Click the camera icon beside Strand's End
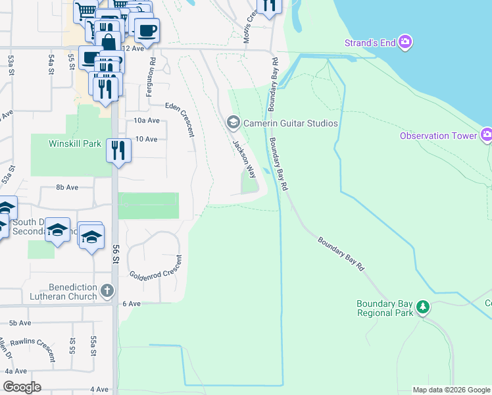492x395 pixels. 405,43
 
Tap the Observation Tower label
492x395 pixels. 437,136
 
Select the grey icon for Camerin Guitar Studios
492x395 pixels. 232,122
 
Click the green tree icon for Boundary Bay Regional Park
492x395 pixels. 423,307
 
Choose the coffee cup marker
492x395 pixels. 147,30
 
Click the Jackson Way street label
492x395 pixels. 244,159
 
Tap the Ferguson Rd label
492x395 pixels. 151,78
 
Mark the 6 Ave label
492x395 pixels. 132,303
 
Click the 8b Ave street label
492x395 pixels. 67,187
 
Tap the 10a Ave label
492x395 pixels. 147,120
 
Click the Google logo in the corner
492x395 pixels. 22,386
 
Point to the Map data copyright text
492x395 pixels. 451,390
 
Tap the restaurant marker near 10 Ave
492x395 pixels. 119,151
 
